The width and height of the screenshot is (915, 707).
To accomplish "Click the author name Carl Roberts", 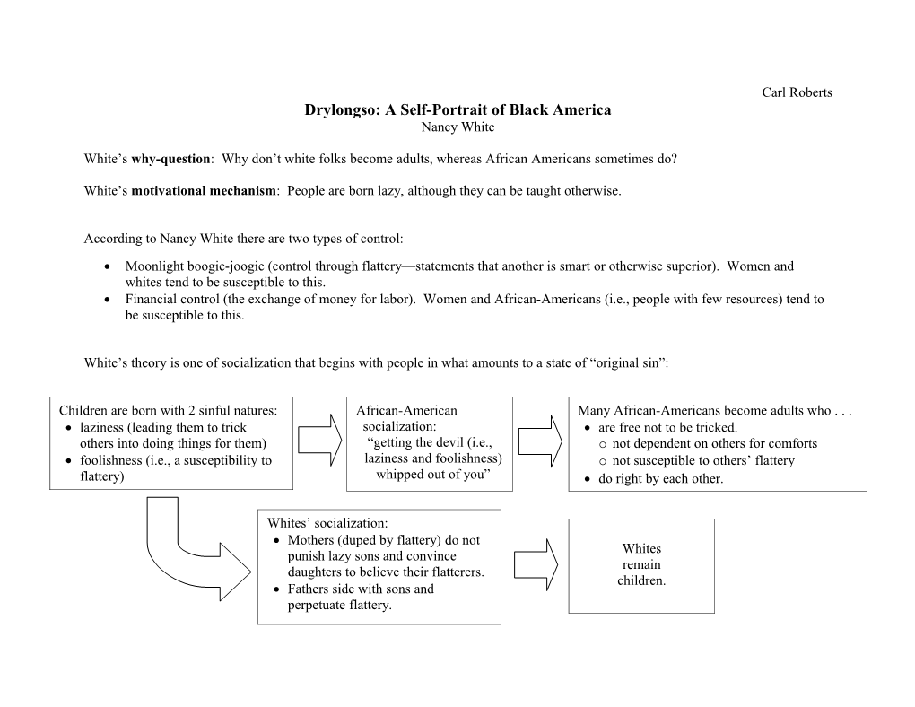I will coord(797,92).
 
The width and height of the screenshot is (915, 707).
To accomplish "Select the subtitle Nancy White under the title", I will coord(457,127).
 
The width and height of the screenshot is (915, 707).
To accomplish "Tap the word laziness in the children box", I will coord(103,427).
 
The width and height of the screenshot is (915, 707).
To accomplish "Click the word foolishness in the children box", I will coord(111,460).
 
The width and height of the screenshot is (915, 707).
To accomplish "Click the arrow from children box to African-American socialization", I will coord(320,441).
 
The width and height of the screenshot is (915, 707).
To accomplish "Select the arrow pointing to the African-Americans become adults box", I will coord(540,441).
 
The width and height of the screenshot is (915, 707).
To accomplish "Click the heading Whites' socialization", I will coord(327,522).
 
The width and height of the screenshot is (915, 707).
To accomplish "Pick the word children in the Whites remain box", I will coord(641,580).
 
